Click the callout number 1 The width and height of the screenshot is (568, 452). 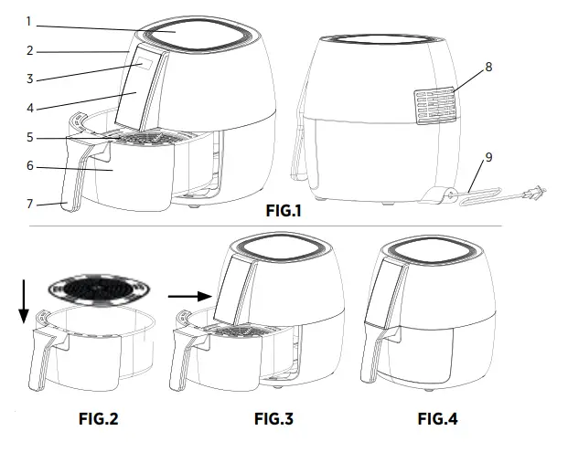click(29, 21)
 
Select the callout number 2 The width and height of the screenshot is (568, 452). click(29, 51)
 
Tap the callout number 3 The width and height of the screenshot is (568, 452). click(29, 79)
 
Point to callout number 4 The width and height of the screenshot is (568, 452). click(29, 108)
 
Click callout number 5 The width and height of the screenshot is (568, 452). click(29, 138)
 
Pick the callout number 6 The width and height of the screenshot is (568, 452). click(29, 167)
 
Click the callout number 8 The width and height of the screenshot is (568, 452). click(488, 67)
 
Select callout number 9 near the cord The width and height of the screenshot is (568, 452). click(488, 157)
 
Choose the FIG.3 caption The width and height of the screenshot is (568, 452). click(274, 420)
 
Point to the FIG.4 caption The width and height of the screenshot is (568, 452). click(437, 420)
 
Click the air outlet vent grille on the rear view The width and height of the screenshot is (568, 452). click(434, 106)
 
